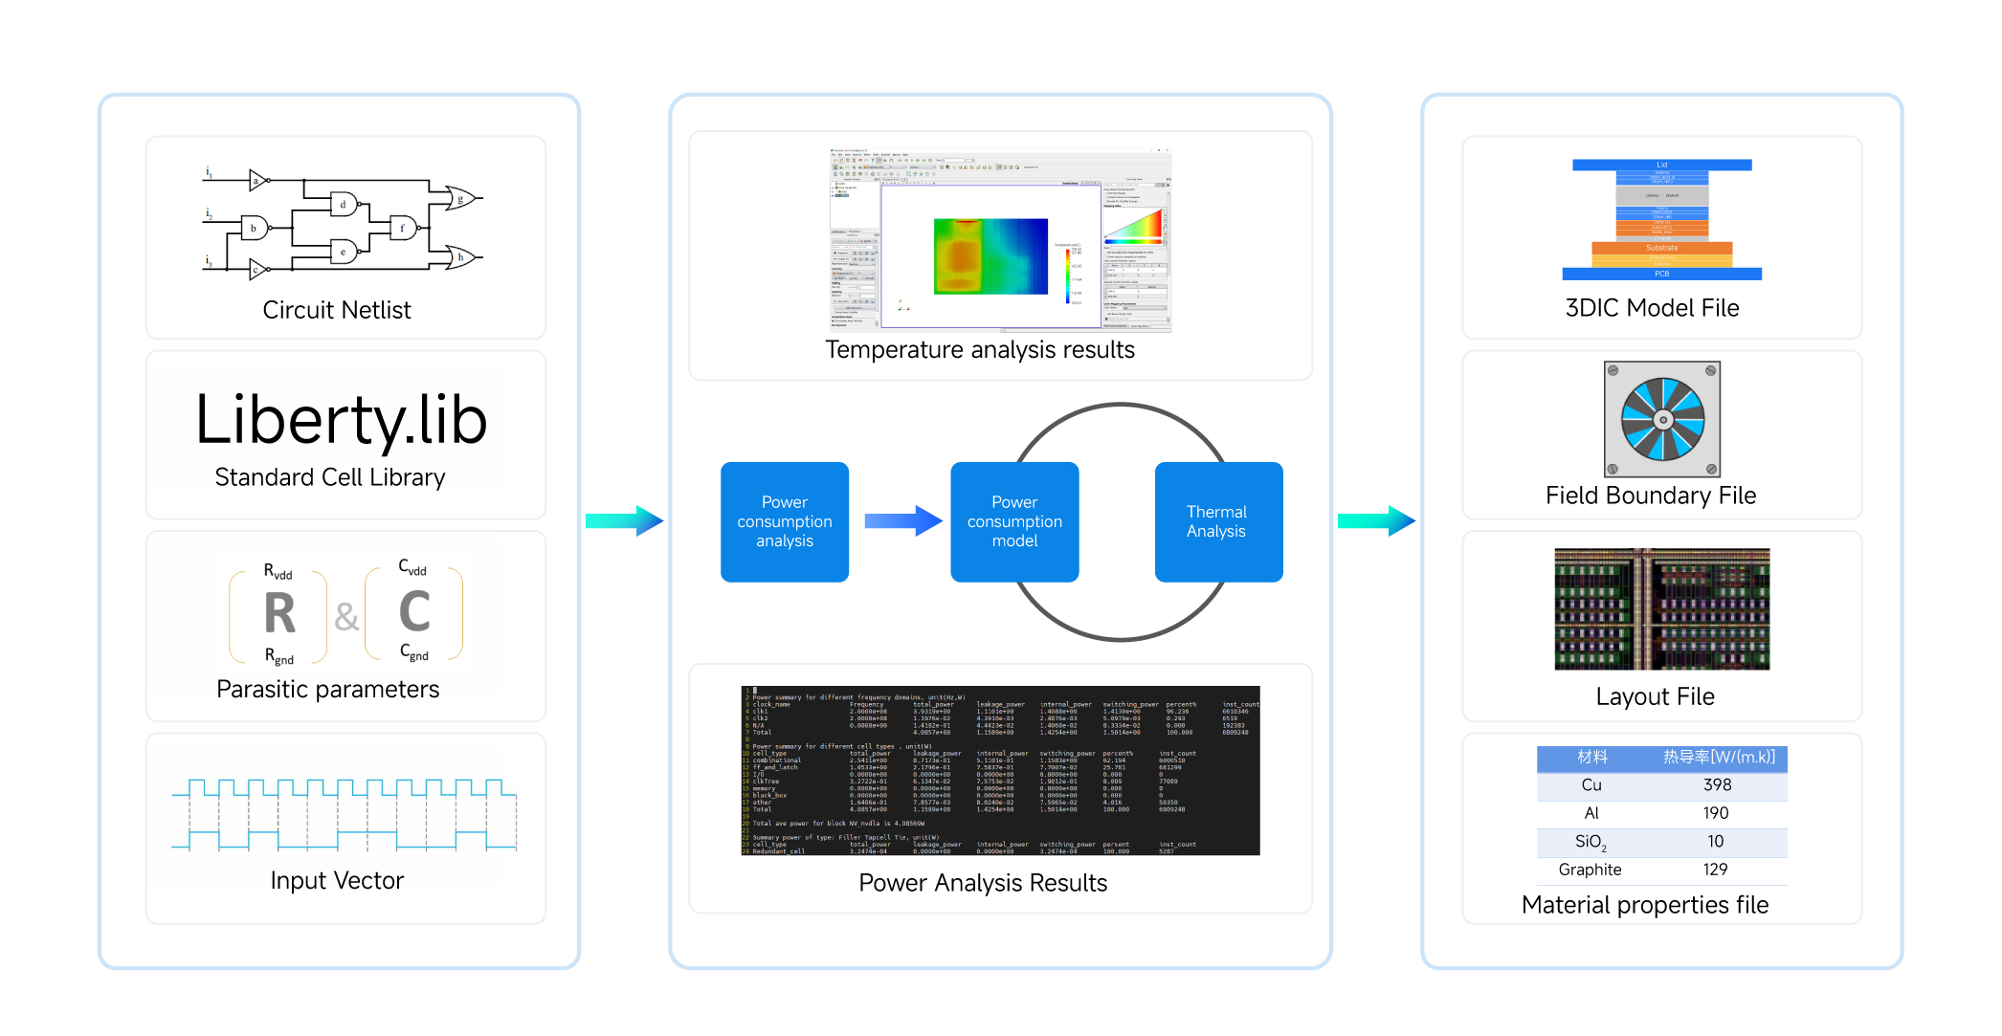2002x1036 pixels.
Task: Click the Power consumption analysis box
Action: pos(785,521)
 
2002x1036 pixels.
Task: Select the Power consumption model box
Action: pos(1014,521)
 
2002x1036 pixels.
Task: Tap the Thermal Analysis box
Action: pos(1218,521)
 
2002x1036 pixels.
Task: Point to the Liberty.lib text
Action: pos(342,420)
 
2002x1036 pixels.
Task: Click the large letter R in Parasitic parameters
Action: pos(279,613)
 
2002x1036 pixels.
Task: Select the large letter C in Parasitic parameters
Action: pos(414,611)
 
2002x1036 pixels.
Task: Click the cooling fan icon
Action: pos(1662,419)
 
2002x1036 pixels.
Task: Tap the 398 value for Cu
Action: pos(1717,785)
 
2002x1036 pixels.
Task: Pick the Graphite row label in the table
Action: pos(1590,870)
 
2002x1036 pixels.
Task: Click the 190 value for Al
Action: pos(1715,813)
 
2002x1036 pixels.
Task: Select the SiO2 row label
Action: pos(1590,842)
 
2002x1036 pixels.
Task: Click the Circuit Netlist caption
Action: pos(337,310)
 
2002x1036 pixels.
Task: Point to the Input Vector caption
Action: pos(337,880)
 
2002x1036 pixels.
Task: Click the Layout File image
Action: pos(1661,608)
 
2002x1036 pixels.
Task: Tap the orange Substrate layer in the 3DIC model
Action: pos(1661,248)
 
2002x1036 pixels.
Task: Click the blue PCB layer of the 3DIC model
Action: pos(1661,274)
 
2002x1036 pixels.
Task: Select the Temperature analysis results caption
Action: pos(980,350)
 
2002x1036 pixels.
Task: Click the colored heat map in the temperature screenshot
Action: pos(990,255)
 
